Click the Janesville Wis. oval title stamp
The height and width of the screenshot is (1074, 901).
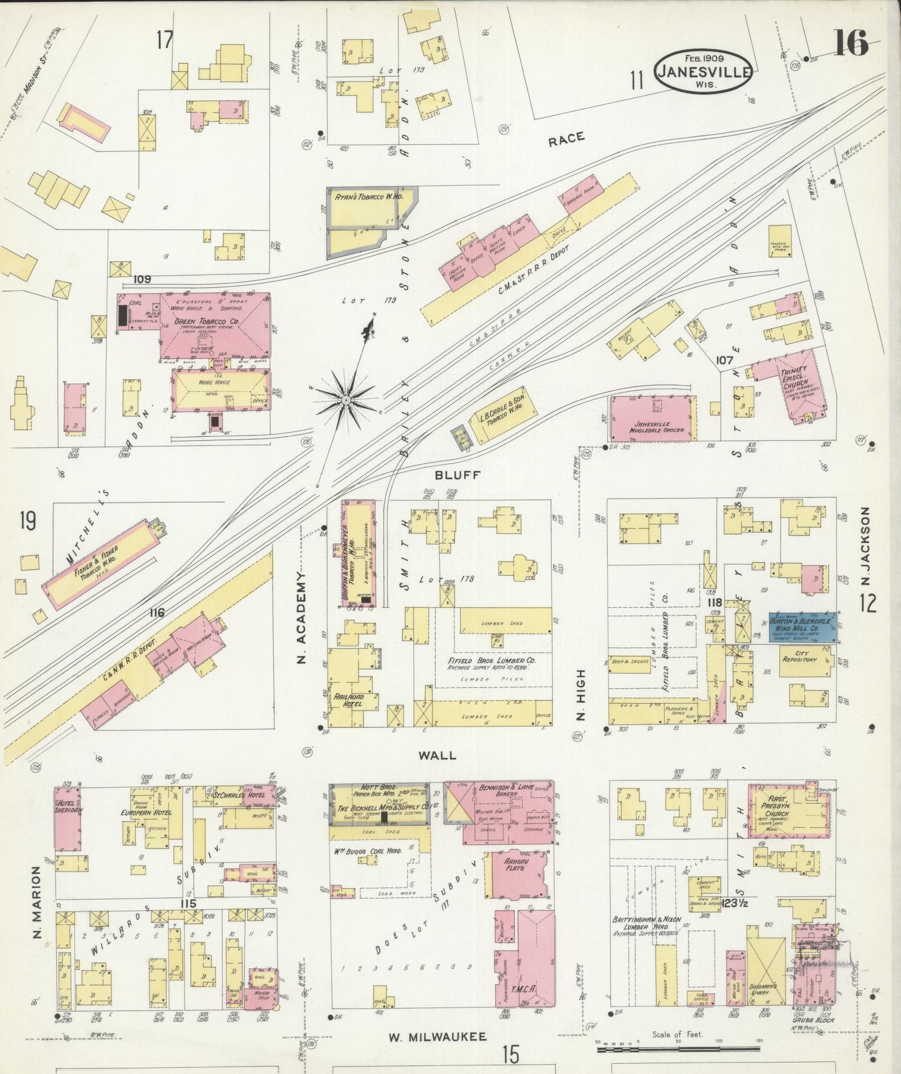[x=703, y=71]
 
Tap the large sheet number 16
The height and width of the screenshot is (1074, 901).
[x=850, y=44]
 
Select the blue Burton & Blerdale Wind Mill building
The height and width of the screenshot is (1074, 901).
[x=802, y=626]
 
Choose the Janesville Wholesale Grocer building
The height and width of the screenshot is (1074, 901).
[x=652, y=418]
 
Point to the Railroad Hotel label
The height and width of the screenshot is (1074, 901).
[x=349, y=699]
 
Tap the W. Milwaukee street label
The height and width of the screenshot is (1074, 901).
[x=438, y=1037]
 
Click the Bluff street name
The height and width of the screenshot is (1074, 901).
[x=457, y=475]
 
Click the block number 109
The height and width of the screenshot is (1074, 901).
[x=142, y=280]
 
